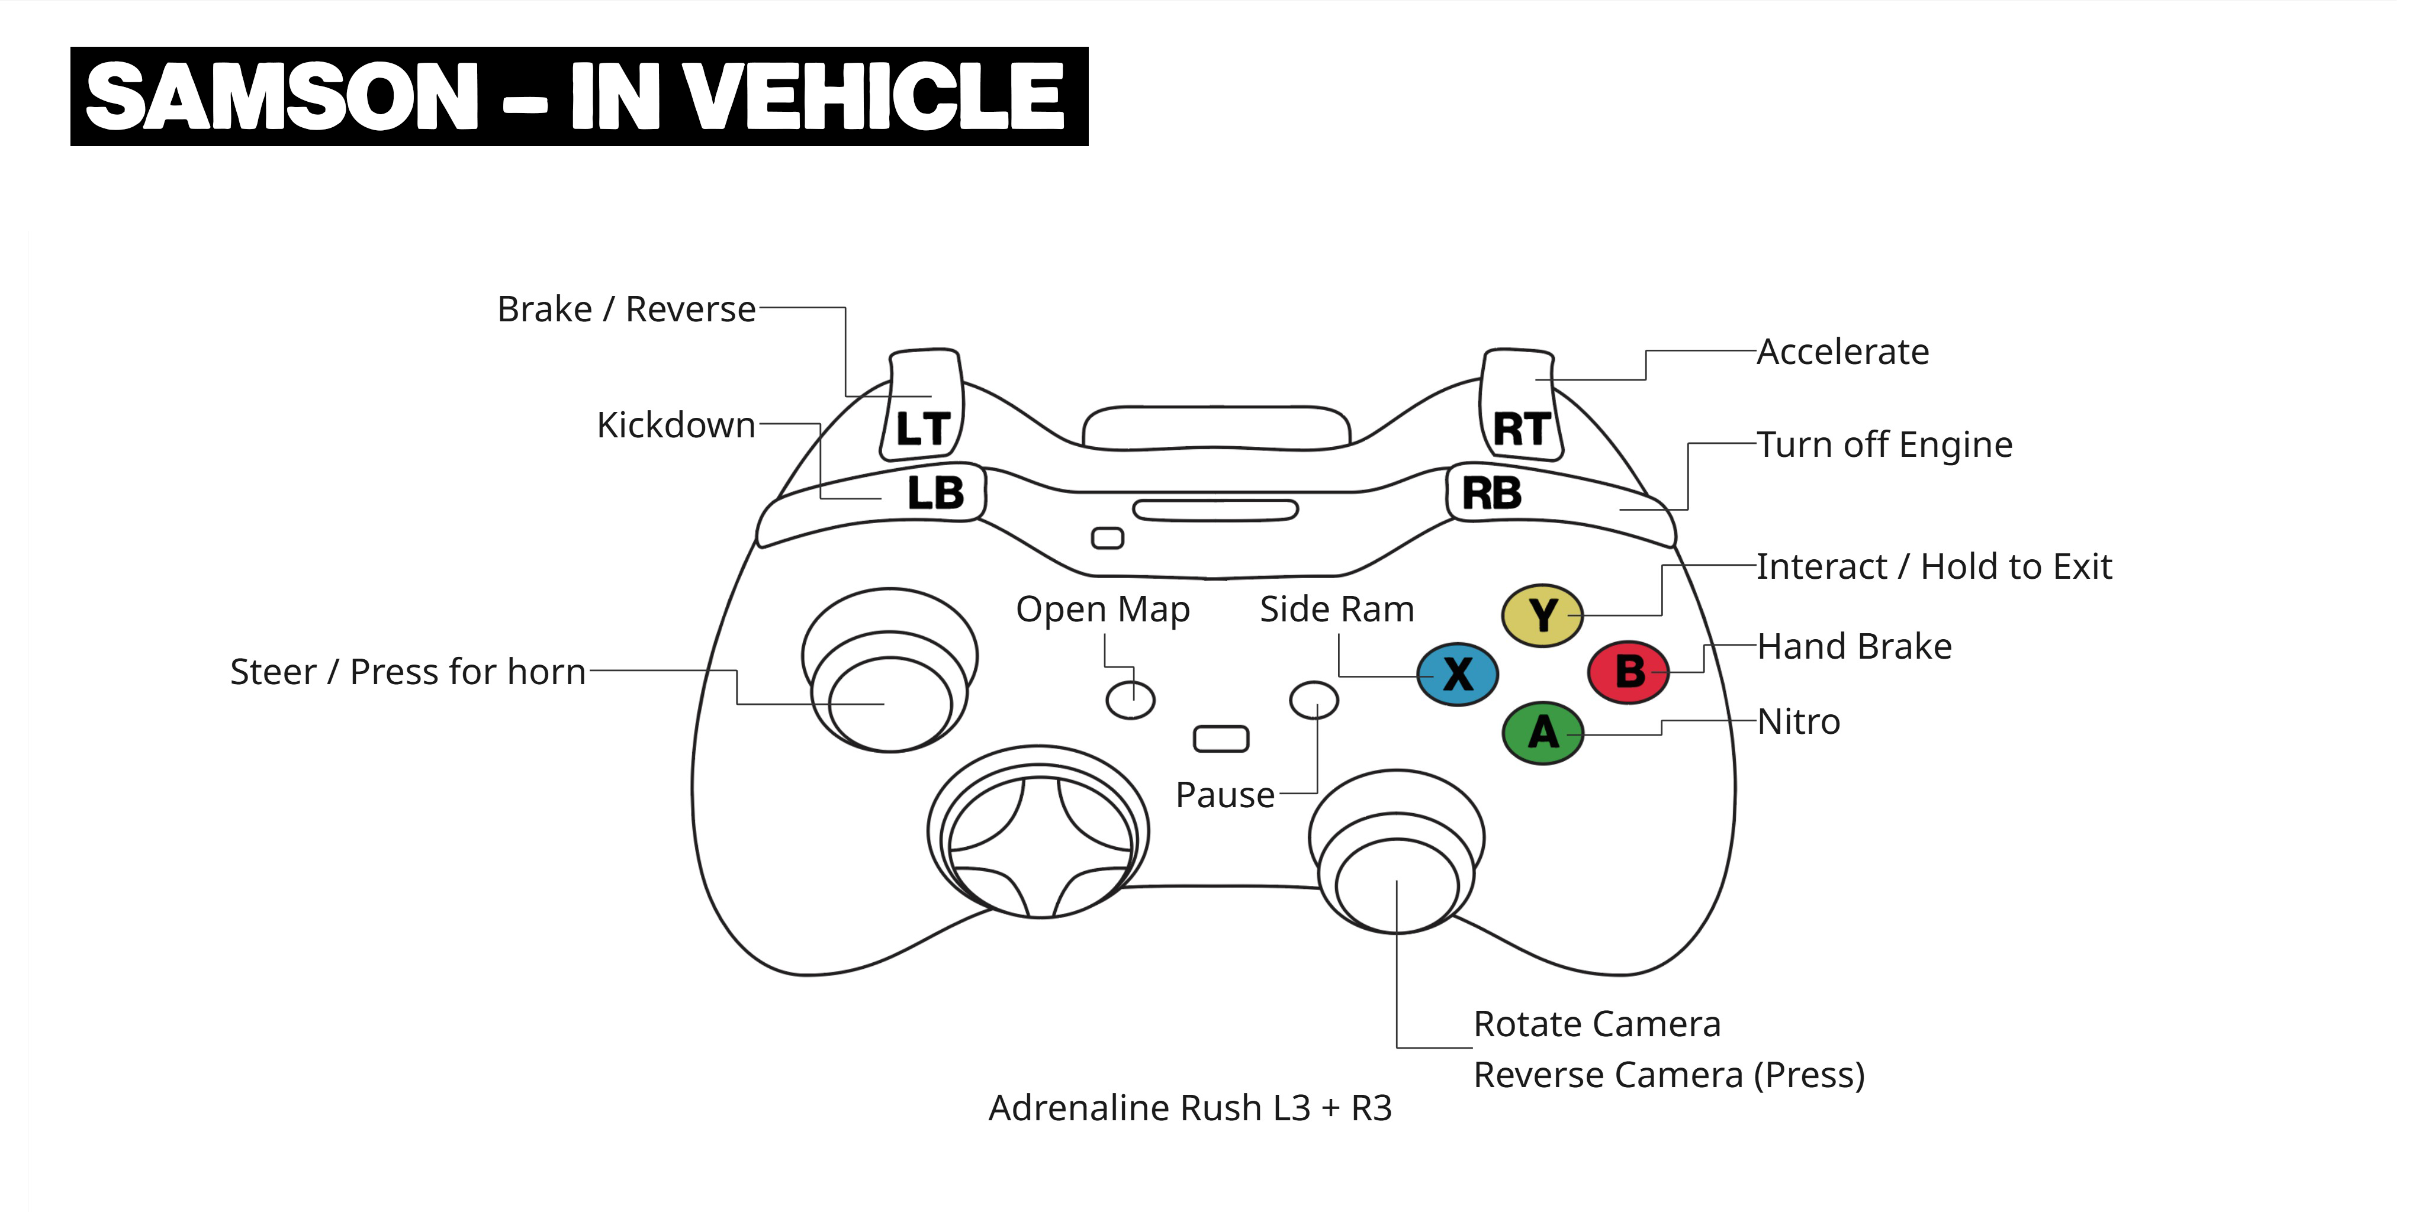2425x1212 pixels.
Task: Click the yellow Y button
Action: (1542, 615)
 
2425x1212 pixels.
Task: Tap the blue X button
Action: (1457, 673)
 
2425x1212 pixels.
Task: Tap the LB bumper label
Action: (935, 493)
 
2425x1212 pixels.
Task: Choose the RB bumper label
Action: (1491, 493)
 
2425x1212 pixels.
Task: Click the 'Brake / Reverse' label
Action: (626, 309)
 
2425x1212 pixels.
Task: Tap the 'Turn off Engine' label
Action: (1884, 444)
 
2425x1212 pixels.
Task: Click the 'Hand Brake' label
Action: (1854, 646)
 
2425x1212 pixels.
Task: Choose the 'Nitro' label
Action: (1798, 722)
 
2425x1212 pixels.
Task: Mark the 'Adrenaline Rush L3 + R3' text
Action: (1189, 1108)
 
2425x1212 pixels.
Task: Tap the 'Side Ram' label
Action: (1337, 609)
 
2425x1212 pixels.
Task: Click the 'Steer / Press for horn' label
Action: (407, 672)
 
